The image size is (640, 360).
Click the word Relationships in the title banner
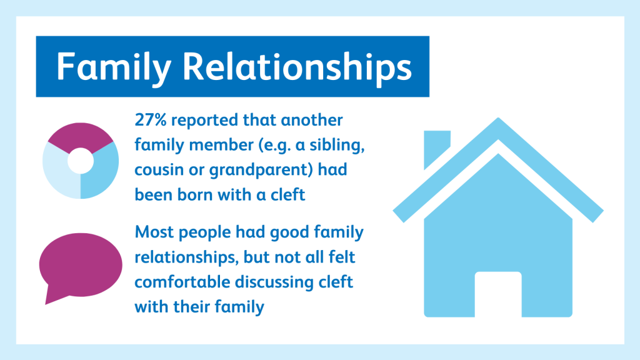point(297,66)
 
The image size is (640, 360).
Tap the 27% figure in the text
point(151,120)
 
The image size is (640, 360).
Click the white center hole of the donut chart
point(81,161)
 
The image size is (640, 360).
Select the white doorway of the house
point(498,294)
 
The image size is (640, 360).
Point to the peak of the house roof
point(498,118)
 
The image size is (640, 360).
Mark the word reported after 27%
point(204,121)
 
